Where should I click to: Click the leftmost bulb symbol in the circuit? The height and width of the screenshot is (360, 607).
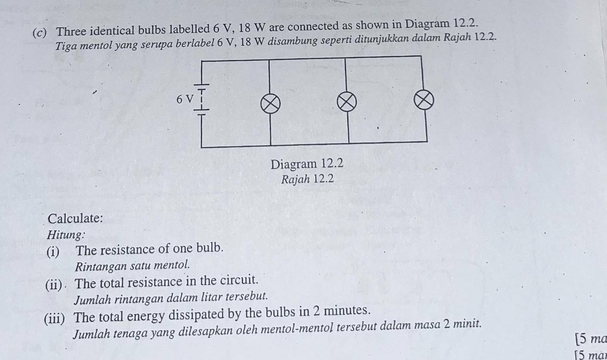pyautogui.click(x=270, y=104)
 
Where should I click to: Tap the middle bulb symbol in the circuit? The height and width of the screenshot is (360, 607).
pyautogui.click(x=346, y=102)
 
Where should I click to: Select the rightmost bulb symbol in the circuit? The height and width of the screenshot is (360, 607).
pyautogui.click(x=424, y=100)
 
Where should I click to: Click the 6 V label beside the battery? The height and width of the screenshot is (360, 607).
pyautogui.click(x=185, y=99)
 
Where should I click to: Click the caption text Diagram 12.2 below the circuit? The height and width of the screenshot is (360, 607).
pyautogui.click(x=307, y=164)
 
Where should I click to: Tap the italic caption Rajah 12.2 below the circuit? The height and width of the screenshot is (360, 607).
pyautogui.click(x=307, y=179)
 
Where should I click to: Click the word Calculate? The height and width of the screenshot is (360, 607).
pyautogui.click(x=75, y=218)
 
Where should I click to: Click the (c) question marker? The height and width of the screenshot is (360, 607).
pyautogui.click(x=40, y=33)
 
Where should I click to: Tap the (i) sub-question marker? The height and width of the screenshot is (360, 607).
pyautogui.click(x=53, y=252)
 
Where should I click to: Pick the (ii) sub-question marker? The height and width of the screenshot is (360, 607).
pyautogui.click(x=54, y=285)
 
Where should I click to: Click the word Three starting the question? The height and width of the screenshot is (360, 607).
pyautogui.click(x=71, y=31)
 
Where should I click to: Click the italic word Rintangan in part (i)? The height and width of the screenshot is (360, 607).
pyautogui.click(x=101, y=266)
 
